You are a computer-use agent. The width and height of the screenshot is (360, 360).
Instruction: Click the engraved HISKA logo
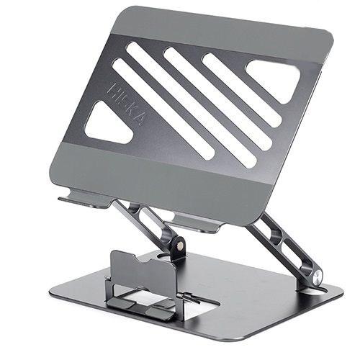point(127,105)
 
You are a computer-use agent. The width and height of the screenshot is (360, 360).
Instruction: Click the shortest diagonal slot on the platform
point(242,88)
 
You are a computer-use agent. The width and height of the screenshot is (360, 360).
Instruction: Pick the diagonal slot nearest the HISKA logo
point(163,109)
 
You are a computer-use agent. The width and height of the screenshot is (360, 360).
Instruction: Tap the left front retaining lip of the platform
point(84,197)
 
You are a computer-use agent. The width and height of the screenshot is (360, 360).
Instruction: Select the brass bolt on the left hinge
point(179,245)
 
